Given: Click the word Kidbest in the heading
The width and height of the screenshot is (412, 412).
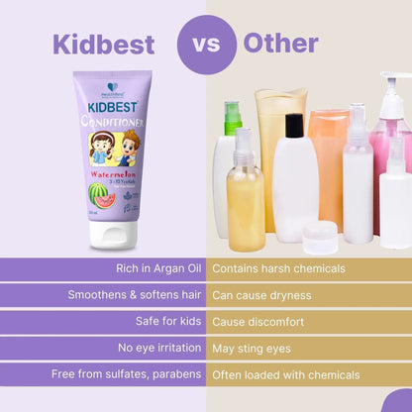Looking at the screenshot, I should tap(103, 45).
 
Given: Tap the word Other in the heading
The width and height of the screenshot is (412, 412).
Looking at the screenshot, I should tap(280, 44).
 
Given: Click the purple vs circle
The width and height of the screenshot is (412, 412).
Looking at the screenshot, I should tap(206, 45).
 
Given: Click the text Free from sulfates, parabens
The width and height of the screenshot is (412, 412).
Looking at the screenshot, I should tap(128, 374).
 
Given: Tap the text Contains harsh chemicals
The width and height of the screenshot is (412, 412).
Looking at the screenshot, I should tap(278, 268).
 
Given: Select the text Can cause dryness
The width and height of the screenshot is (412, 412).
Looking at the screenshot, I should tap(261, 295).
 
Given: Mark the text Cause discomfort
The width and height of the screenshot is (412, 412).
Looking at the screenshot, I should tap(257, 321).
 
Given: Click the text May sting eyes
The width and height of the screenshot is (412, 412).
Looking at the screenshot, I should tap(253, 348).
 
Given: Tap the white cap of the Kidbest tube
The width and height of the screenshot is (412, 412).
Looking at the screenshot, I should tap(112, 235).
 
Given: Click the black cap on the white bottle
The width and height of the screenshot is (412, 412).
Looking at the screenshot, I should tap(293, 125).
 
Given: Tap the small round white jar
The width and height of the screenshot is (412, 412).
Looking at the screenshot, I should tap(320, 237).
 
